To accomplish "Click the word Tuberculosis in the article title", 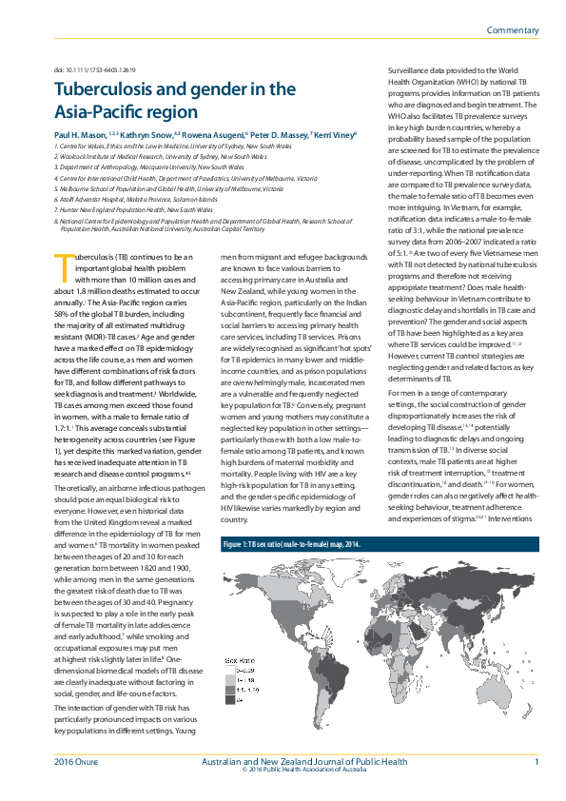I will (x=106, y=89).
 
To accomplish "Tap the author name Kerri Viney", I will (x=334, y=136).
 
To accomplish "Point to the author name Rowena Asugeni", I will (x=211, y=136).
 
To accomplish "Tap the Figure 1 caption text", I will (x=281, y=545).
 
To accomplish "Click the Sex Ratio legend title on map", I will (x=239, y=657).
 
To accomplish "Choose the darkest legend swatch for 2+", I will (x=229, y=699).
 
